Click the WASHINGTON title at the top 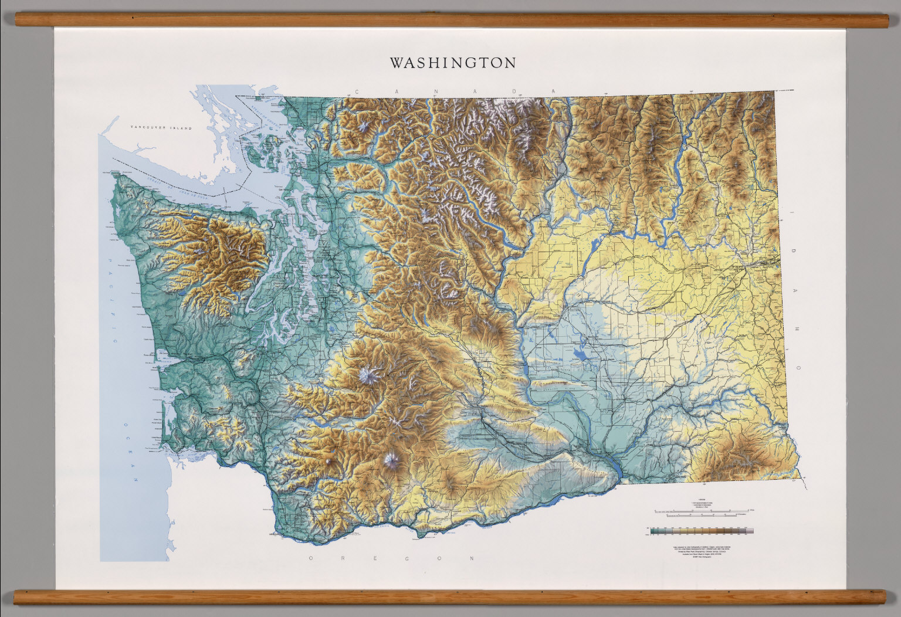[x=453, y=63]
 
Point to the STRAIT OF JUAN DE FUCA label [x=176, y=187]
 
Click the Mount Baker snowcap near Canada [x=365, y=126]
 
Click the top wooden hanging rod [x=450, y=21]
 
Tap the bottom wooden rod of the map [x=450, y=596]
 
